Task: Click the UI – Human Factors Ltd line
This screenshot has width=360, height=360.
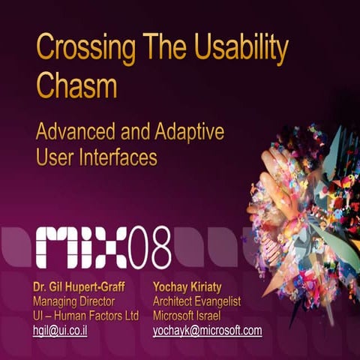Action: coord(86,315)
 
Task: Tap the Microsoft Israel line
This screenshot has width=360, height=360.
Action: coord(186,315)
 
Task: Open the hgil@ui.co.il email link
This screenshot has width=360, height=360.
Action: coord(60,330)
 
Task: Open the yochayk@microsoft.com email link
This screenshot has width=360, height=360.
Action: coord(207,330)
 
